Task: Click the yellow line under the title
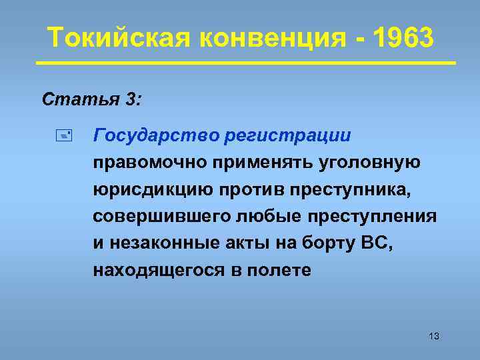coord(245,63)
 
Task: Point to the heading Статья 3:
coord(91,100)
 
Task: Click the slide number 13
coord(434,335)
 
